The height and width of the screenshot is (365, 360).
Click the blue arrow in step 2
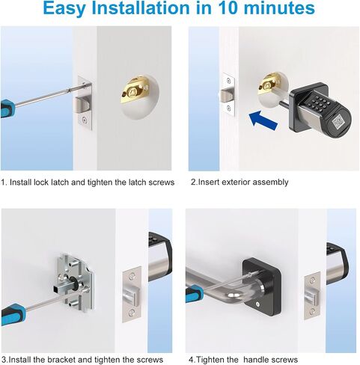pyautogui.click(x=263, y=120)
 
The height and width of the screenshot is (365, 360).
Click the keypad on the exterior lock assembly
pyautogui.click(x=319, y=102)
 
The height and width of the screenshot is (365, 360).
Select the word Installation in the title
pyautogui.click(x=141, y=8)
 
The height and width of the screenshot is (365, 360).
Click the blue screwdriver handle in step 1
pyautogui.click(x=7, y=108)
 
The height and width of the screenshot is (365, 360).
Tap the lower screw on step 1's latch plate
pyautogui.click(x=85, y=120)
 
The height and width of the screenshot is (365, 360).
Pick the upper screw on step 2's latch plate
pyautogui.click(x=228, y=80)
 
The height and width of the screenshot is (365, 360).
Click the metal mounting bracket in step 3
pyautogui.click(x=74, y=282)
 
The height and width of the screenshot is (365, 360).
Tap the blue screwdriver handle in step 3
pyautogui.click(x=13, y=314)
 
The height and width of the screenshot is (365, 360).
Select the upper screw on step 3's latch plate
pyautogui.click(x=132, y=276)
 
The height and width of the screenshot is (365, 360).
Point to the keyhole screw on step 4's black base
pyautogui.click(x=258, y=304)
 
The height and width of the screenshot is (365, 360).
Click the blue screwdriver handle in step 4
pyautogui.click(x=194, y=293)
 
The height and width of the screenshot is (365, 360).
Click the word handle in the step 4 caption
pyautogui.click(x=256, y=360)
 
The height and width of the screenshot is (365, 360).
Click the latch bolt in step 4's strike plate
pyautogui.click(x=312, y=297)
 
